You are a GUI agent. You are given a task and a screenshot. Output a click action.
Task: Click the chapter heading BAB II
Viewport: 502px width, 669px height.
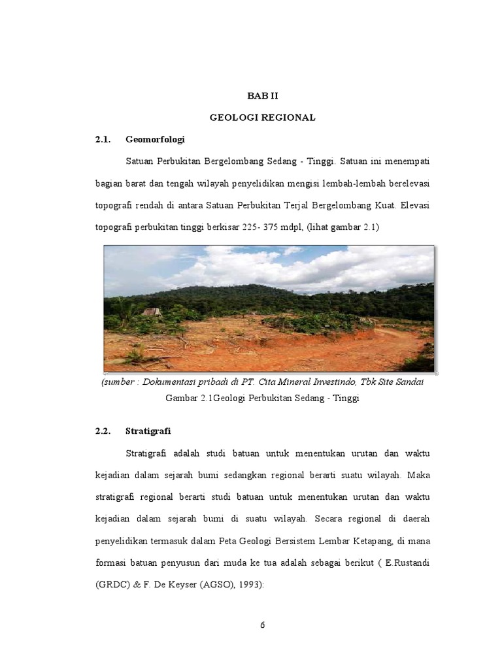[x=262, y=95]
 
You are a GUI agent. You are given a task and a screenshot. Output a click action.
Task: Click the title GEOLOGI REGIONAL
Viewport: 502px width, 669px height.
[x=262, y=118]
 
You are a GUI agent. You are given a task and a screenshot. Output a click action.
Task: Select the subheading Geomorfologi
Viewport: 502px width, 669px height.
[x=155, y=140]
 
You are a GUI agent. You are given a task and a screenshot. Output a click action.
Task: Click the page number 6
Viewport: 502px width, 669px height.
[x=262, y=625]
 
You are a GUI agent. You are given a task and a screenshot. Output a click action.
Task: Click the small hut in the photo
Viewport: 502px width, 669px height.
[x=152, y=312]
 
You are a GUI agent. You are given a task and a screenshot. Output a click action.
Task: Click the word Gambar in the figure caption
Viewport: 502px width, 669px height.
[x=181, y=398]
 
